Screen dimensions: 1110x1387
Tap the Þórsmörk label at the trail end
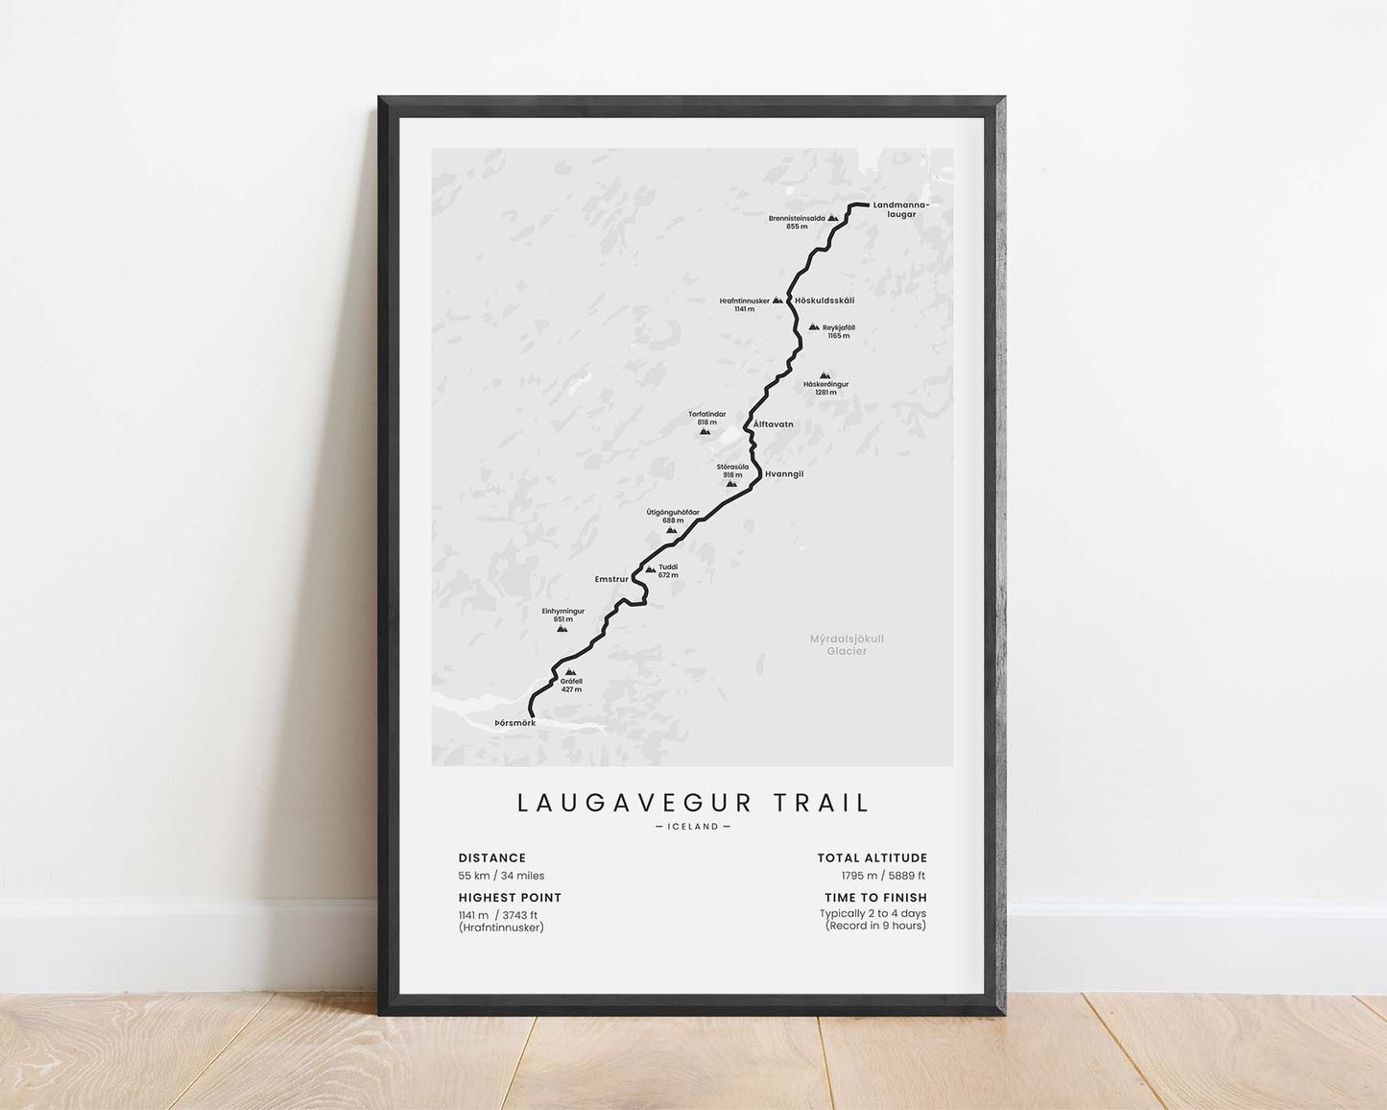pos(515,722)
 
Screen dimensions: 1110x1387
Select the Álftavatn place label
pos(774,423)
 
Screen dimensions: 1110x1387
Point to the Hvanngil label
pos(784,474)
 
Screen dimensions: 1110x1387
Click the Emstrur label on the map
pos(611,579)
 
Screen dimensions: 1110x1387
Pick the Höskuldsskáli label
pos(825,301)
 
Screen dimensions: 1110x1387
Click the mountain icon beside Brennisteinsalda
pos(833,219)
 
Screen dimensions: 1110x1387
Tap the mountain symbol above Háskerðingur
pos(825,375)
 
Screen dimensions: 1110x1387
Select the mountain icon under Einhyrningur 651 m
pos(562,628)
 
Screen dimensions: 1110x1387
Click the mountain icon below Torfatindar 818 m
pos(705,431)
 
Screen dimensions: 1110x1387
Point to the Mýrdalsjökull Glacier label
pos(847,644)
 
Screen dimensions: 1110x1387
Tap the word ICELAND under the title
pos(692,827)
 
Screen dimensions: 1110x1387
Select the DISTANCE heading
pos(492,857)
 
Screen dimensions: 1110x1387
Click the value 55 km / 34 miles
pos(501,876)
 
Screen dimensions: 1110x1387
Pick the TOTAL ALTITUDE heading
pos(872,857)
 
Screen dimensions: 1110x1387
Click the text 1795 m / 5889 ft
pos(883,876)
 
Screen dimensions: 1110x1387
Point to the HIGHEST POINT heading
pos(510,898)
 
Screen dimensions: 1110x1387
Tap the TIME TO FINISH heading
pos(875,898)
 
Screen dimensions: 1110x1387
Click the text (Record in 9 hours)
pos(875,926)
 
